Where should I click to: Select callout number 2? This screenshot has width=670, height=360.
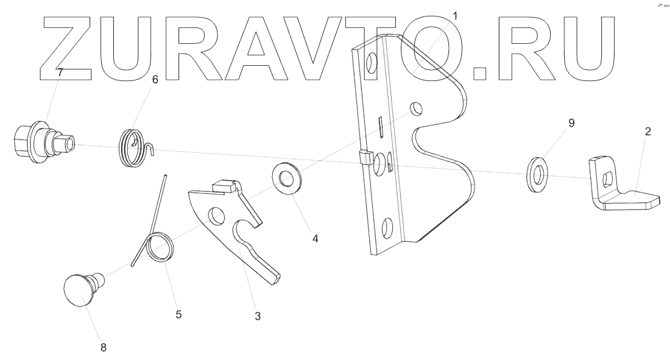[647, 132]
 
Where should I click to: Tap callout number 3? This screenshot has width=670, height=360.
[258, 316]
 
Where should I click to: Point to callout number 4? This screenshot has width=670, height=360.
[315, 238]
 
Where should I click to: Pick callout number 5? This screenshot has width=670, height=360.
[178, 314]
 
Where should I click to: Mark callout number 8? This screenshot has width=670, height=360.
[103, 347]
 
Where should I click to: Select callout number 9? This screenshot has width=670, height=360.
[571, 122]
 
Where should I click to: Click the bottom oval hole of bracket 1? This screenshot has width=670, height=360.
[385, 230]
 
